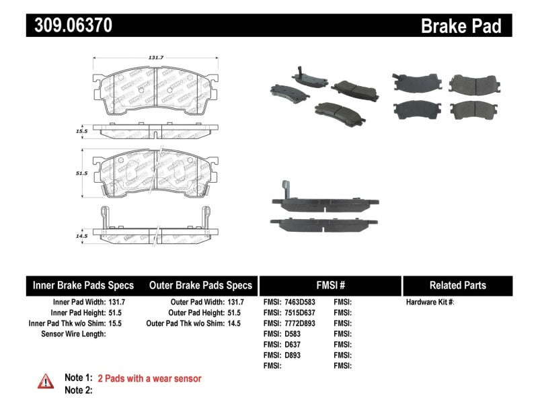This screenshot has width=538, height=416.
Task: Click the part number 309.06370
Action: [x=69, y=26]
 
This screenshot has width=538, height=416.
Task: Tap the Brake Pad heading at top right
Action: [x=461, y=26]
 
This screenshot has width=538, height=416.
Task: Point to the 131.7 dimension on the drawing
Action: [x=155, y=58]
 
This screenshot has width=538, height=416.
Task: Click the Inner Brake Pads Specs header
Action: [x=83, y=285]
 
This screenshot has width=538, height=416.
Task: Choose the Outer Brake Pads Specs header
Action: [x=200, y=285]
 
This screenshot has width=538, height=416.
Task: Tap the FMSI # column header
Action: [x=330, y=285]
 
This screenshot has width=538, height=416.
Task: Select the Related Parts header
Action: [x=457, y=285]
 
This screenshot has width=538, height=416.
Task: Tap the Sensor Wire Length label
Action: [x=73, y=333]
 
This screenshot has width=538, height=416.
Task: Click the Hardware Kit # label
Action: [x=430, y=302]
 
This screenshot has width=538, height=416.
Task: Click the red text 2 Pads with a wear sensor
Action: [x=149, y=379]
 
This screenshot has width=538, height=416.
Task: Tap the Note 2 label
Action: [x=78, y=390]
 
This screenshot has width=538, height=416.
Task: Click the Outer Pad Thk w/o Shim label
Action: [x=190, y=323]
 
